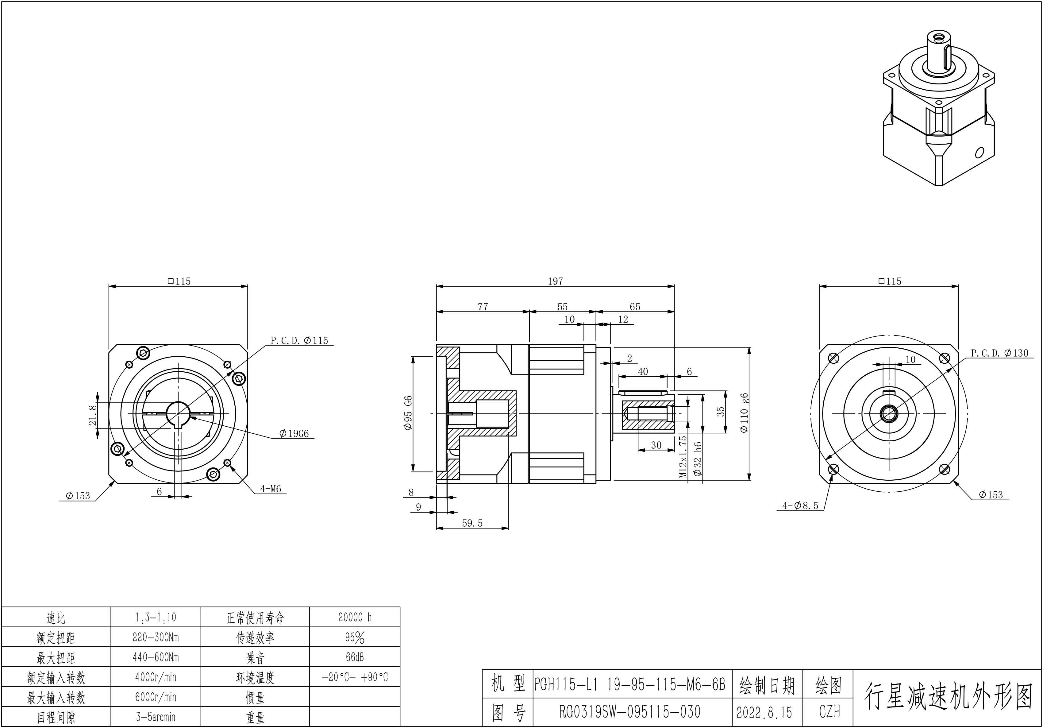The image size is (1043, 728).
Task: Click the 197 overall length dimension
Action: (555, 281)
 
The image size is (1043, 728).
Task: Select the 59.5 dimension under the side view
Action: (472, 523)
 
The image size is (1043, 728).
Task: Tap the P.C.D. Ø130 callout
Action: (999, 353)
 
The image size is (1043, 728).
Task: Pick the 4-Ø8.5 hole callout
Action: (800, 505)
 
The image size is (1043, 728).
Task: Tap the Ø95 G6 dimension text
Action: (408, 413)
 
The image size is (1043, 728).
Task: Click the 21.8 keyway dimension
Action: (93, 415)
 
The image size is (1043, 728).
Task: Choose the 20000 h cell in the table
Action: (355, 617)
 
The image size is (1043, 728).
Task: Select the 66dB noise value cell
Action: (355, 657)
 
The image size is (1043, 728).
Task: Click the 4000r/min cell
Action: (155, 677)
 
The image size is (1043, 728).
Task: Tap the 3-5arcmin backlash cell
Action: (155, 717)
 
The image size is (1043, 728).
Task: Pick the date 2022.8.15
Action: (764, 712)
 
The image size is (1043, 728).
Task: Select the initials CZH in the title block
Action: (829, 712)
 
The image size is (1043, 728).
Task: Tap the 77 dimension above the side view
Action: (483, 307)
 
